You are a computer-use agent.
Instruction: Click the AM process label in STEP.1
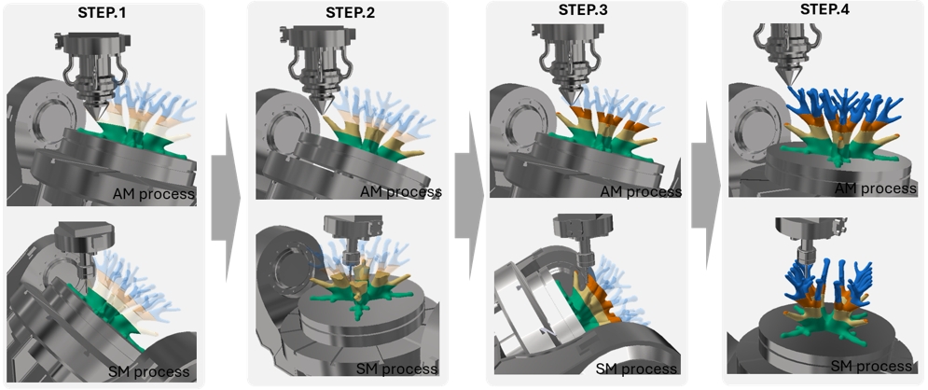pos(153,194)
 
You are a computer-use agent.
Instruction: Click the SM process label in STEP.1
pos(149,371)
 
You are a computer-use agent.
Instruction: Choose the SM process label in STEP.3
pos(636,369)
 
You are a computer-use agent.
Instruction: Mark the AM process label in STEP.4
pos(874,188)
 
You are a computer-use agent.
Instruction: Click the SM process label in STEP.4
pos(871,366)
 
